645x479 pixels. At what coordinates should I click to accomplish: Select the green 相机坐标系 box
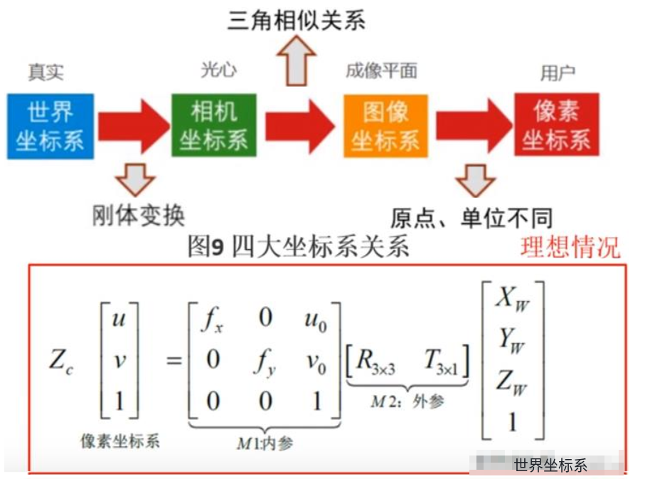coord(213,125)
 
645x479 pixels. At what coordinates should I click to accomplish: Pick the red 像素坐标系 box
coord(556,125)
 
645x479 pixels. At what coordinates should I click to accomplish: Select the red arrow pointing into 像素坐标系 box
coord(473,126)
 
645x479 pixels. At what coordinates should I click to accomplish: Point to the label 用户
coord(558,73)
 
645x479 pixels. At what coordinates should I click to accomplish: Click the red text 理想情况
coord(570,247)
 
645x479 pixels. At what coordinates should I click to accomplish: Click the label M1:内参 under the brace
coord(265,443)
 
